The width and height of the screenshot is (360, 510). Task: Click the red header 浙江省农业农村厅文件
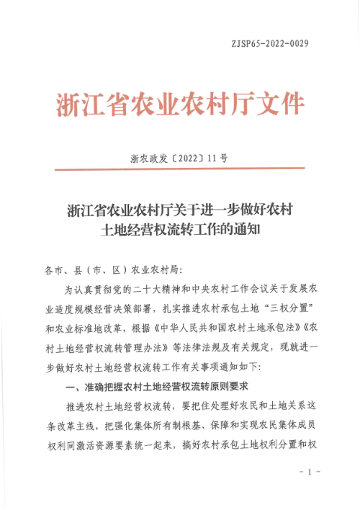179,104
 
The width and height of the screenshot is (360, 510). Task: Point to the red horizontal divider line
179,169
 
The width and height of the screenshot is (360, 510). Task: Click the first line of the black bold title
179,210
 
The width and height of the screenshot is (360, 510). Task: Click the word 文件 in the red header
282,104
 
